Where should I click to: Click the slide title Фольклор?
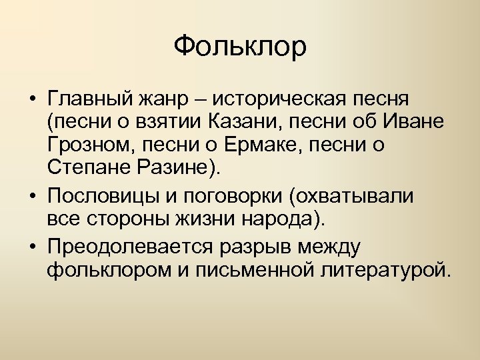240,47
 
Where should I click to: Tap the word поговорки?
233,197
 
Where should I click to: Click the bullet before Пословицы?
33,197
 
